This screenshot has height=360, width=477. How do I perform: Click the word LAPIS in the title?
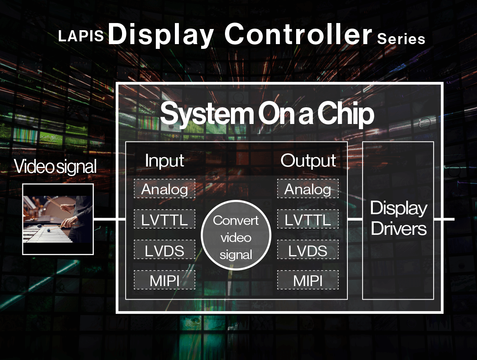click(81, 36)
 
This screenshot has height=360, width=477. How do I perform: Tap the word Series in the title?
click(401, 39)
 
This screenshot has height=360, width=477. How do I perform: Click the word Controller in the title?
click(298, 34)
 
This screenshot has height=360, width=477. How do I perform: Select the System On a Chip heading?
click(267, 114)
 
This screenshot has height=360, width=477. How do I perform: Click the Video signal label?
click(55, 166)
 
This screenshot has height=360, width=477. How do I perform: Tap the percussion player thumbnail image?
click(58, 219)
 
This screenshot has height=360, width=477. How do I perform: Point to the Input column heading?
click(165, 161)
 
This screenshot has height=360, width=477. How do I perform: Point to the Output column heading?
click(308, 161)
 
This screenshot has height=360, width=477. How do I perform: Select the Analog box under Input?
click(165, 188)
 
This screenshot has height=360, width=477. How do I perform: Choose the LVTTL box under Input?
click(165, 219)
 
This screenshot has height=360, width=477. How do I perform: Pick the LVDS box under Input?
click(165, 249)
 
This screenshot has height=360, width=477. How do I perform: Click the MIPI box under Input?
click(165, 280)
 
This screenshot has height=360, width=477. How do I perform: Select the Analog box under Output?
click(308, 188)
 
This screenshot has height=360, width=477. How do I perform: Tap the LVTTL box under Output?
click(308, 219)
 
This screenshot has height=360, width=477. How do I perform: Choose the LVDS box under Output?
click(308, 249)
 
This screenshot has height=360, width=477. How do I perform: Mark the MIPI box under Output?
click(308, 280)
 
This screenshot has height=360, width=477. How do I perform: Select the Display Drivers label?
click(399, 218)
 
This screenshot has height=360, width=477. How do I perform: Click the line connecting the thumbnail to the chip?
click(110, 219)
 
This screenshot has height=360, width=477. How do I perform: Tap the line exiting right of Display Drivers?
click(444, 219)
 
